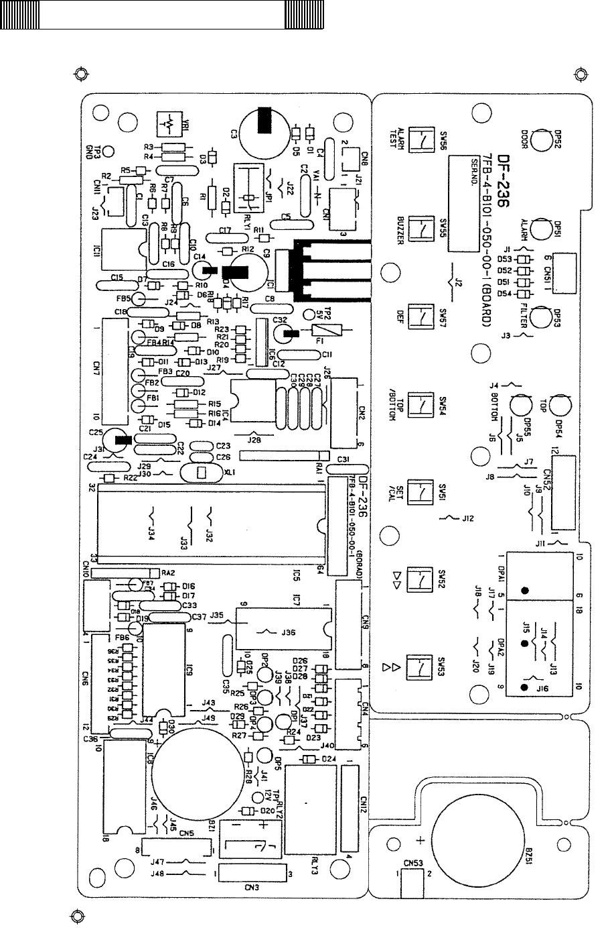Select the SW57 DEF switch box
tap(418, 316)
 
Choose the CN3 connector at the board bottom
tap(252, 874)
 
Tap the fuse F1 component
tap(326, 330)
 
